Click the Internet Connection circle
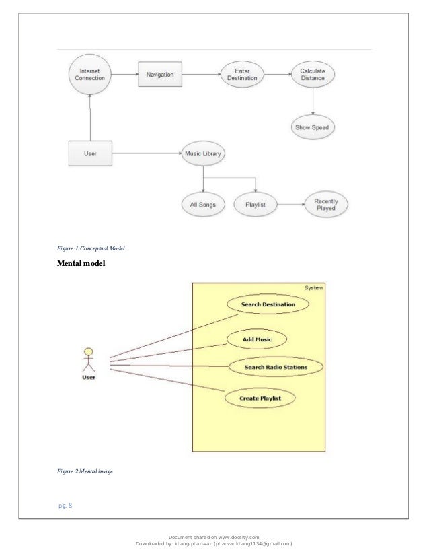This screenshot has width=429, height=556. [x=89, y=74]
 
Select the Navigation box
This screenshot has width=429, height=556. [x=161, y=74]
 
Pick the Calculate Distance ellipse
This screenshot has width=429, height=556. [x=312, y=74]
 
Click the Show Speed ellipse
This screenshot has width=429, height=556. [x=312, y=127]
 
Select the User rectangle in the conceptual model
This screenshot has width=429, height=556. [x=89, y=153]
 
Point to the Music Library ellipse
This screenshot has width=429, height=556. [x=204, y=153]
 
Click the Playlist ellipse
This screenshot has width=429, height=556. [x=256, y=204]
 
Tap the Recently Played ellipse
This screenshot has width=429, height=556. [x=326, y=203]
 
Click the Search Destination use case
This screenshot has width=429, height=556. [x=268, y=305]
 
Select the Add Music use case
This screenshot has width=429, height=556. [x=257, y=339]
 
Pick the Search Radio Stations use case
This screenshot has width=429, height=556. [x=276, y=368]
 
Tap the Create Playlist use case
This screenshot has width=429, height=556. [x=260, y=398]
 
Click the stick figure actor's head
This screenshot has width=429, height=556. [x=88, y=351]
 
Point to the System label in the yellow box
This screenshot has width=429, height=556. [x=313, y=288]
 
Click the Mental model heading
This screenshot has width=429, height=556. [x=81, y=264]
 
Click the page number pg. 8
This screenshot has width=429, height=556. [x=65, y=498]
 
